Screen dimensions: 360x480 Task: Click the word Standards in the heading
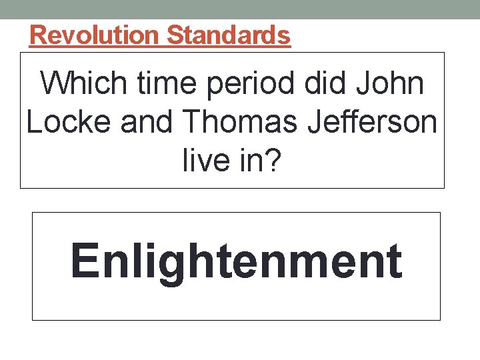[x=229, y=35]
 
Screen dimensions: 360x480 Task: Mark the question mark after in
[x=273, y=161]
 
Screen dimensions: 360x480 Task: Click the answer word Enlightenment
[x=236, y=261]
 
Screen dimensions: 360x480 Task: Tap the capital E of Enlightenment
[x=84, y=261]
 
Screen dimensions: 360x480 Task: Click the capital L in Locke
[x=33, y=123]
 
